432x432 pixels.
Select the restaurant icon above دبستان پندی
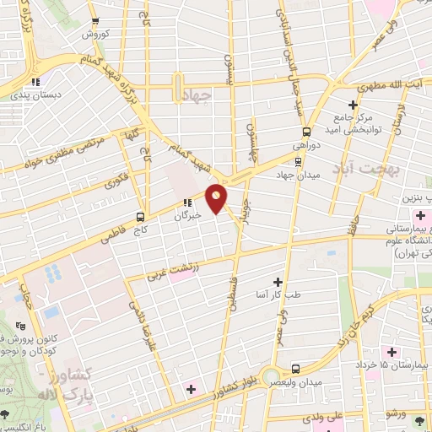pos(35,82)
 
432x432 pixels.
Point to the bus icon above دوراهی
pos(306,132)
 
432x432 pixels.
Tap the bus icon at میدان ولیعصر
pos(295,369)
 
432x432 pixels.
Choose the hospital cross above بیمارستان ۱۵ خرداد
pos(391,350)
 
